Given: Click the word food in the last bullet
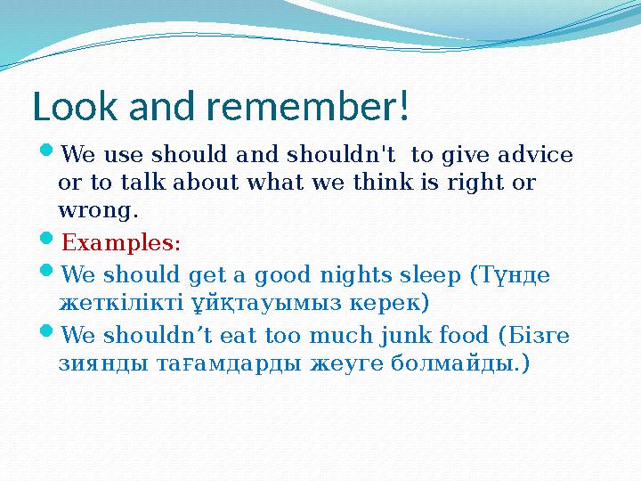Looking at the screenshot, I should (x=461, y=336).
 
